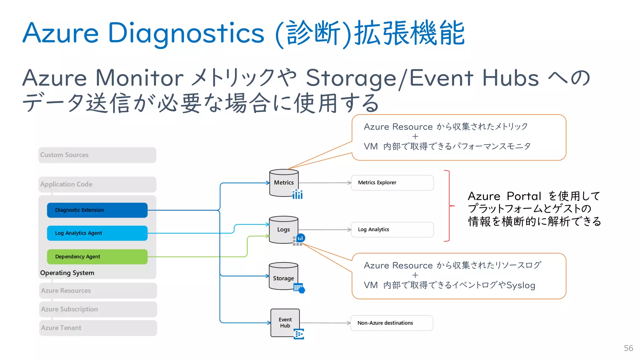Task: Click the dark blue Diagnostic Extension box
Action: click(97, 210)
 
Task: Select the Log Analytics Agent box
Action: click(97, 233)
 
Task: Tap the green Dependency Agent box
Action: click(97, 257)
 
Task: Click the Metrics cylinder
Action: click(284, 183)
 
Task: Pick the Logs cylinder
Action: click(283, 230)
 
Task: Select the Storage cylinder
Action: click(283, 276)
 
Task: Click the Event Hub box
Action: click(285, 323)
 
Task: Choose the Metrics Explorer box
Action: click(392, 182)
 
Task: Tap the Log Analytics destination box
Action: click(392, 230)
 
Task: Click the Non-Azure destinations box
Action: click(392, 323)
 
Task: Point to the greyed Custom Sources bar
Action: click(97, 155)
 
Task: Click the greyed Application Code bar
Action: click(97, 184)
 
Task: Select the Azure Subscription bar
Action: click(98, 309)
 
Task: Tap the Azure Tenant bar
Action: click(98, 328)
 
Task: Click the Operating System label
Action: click(67, 273)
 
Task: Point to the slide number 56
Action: click(628, 348)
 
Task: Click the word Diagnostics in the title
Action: click(186, 33)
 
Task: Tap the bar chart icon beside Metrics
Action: click(297, 194)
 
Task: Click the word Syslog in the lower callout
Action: click(521, 285)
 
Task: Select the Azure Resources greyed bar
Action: click(98, 291)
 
